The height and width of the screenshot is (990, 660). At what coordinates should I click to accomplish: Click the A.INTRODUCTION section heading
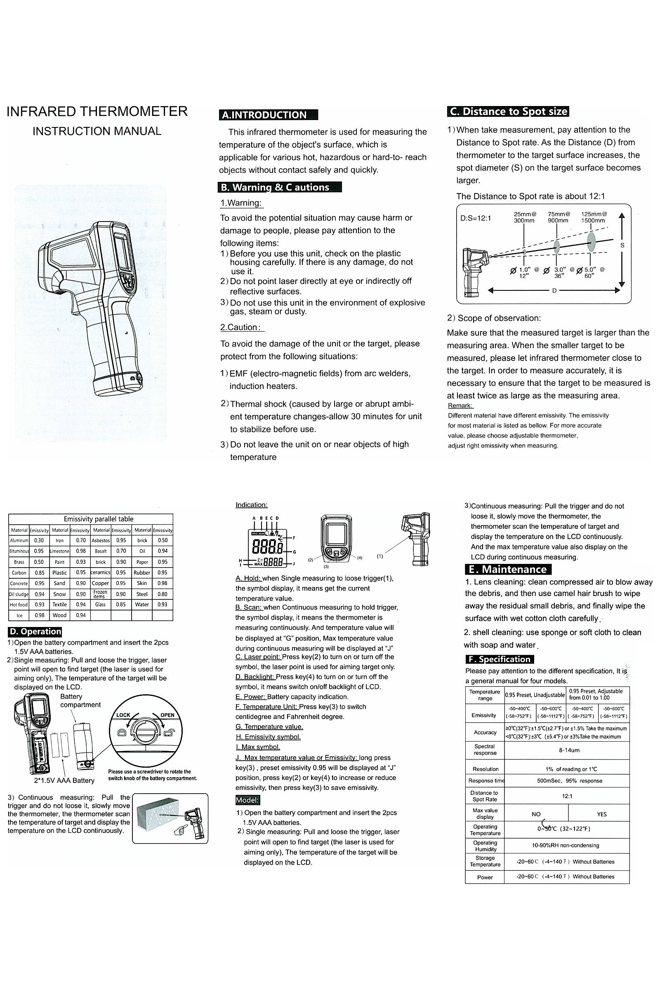(x=268, y=115)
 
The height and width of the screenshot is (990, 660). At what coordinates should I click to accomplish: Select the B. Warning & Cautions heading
(x=280, y=187)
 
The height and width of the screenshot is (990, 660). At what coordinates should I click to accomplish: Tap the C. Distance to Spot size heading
(x=508, y=111)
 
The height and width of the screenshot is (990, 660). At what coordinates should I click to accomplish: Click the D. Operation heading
(x=35, y=632)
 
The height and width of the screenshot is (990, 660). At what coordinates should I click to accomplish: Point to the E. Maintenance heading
(x=508, y=570)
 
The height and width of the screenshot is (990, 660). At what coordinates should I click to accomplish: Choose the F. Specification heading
(x=500, y=659)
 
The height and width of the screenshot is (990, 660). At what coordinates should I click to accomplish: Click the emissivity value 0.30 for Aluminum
(x=39, y=540)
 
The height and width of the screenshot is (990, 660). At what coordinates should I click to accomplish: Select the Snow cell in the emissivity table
(x=59, y=594)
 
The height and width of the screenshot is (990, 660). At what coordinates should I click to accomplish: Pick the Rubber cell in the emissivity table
(x=142, y=573)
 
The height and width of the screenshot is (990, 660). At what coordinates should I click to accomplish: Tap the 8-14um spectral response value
(x=566, y=750)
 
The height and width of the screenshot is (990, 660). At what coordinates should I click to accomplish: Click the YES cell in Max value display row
(x=601, y=814)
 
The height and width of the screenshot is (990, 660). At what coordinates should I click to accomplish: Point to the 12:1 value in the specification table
(x=566, y=796)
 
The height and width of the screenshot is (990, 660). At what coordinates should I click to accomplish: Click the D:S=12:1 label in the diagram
(x=475, y=219)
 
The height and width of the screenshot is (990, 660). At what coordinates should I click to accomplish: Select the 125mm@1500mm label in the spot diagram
(x=593, y=217)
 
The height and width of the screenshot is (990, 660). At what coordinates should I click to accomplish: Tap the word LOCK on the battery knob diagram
(x=123, y=715)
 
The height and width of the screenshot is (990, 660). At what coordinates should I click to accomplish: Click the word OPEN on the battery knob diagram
(x=167, y=715)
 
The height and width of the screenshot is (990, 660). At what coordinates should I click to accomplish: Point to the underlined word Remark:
(x=460, y=405)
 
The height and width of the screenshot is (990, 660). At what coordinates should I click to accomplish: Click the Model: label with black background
(x=247, y=800)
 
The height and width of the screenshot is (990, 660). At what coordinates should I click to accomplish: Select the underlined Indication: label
(x=251, y=504)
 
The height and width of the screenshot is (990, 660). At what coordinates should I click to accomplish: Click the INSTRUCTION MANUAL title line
(x=97, y=131)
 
